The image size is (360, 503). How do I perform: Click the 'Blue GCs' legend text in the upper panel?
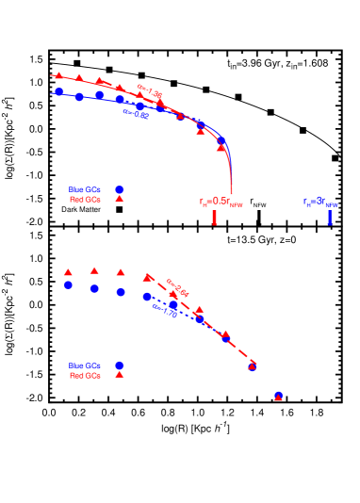point(85,189)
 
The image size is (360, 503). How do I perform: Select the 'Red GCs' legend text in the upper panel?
point(85,200)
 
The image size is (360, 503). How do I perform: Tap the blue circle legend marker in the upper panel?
point(120,189)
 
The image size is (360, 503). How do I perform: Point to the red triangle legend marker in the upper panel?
point(120,199)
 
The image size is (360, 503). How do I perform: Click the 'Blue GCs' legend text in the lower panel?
point(85,365)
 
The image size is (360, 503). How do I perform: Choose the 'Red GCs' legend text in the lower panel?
point(85,376)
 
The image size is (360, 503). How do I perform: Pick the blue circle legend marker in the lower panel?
point(120,365)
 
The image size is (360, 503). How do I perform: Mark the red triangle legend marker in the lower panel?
point(120,375)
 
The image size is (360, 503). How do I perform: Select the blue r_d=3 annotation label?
point(320,202)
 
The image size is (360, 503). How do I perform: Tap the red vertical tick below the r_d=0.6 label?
point(215,218)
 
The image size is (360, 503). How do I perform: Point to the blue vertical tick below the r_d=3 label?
point(330,218)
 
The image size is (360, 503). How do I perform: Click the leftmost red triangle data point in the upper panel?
point(58,74)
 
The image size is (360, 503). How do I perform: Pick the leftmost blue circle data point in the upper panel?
point(59,92)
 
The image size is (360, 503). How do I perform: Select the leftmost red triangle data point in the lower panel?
point(68,272)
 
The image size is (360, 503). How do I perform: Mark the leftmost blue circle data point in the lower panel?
point(68,284)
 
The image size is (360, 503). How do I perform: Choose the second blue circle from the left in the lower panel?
point(94,288)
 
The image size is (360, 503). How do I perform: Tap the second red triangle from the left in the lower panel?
point(94,270)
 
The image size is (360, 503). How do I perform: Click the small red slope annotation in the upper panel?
point(150,91)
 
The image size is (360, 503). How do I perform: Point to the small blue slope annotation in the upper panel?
point(136,114)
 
